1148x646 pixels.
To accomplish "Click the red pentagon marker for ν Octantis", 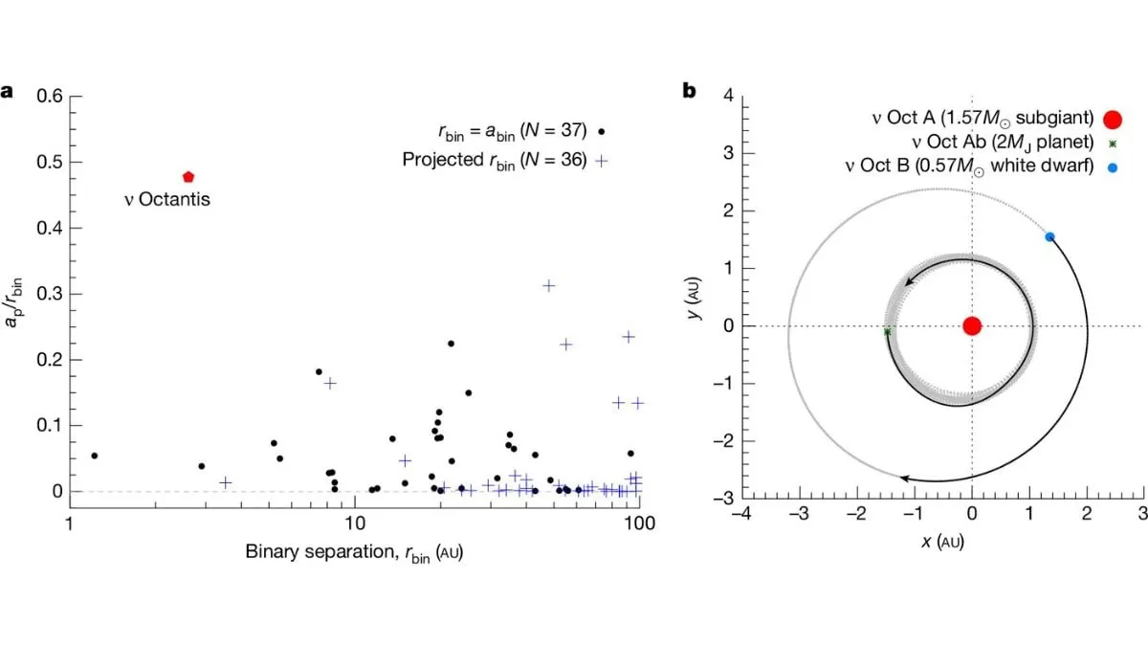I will click(x=188, y=177).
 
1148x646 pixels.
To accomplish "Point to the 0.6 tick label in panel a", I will click(x=48, y=96).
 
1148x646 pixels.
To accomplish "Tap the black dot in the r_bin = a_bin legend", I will click(x=601, y=132).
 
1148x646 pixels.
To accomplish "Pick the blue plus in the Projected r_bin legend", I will click(x=601, y=160).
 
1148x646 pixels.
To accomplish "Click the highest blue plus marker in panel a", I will click(x=549, y=285).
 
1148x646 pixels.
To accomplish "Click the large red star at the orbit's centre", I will click(x=972, y=325).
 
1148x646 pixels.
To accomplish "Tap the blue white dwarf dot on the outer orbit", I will click(x=1049, y=236).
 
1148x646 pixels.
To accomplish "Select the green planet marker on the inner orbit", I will click(x=888, y=332).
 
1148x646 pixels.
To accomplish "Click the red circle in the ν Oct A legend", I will click(x=1112, y=119).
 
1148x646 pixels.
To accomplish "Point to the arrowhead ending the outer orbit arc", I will click(x=904, y=477).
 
